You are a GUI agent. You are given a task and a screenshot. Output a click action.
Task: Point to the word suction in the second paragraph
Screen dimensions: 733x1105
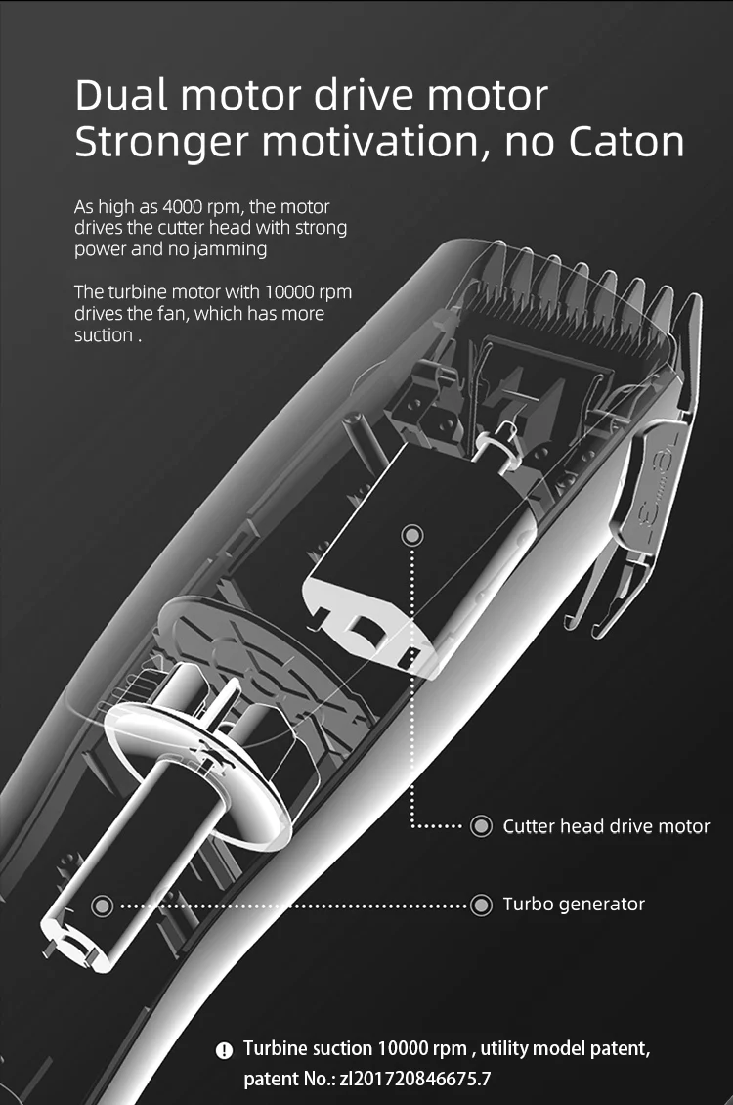pos(103,335)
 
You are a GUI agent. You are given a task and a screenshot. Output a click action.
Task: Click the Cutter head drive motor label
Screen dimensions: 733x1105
pos(606,826)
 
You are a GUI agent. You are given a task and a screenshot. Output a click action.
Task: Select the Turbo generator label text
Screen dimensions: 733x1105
pos(574,904)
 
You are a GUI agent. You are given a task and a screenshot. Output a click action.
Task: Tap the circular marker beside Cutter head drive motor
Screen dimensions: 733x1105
pos(481,826)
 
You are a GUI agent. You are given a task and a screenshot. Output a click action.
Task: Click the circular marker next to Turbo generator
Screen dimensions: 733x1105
pos(481,905)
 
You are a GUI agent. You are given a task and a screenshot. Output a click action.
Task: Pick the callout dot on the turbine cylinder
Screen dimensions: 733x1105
pos(103,905)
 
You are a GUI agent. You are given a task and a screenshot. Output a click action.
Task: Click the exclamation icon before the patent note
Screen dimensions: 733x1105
pos(224,1050)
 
